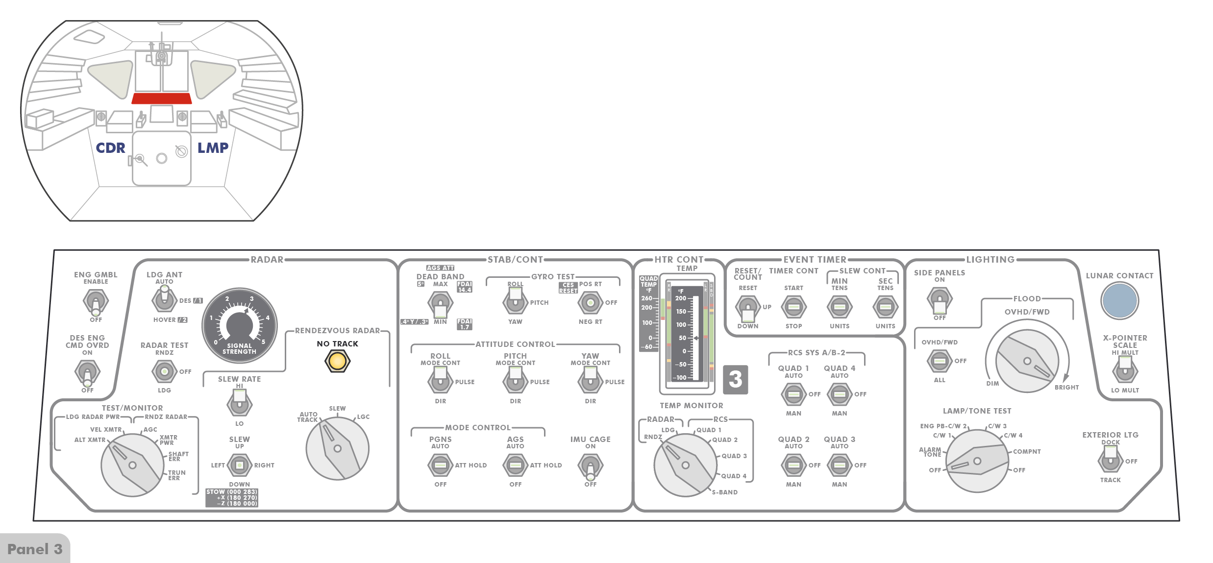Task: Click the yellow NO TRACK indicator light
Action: tap(337, 362)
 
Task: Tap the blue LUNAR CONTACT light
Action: tap(1119, 301)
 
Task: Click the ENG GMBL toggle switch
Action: tap(96, 301)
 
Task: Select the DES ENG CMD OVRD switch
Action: tap(87, 372)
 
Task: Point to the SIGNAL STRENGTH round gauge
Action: tap(239, 325)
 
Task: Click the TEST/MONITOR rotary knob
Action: tap(132, 465)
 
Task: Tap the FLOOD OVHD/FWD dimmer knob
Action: tap(1027, 361)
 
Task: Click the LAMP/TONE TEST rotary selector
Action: tap(977, 461)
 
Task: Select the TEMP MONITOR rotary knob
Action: tap(685, 465)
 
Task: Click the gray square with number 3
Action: tap(735, 379)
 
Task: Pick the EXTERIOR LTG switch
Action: tap(1110, 459)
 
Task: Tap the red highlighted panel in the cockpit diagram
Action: tap(162, 98)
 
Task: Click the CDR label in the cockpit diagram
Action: tap(110, 147)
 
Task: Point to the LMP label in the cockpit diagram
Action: tap(213, 147)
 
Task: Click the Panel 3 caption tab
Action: tap(35, 549)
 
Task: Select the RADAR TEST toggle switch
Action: tap(164, 371)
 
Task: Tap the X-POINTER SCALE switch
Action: tap(1125, 370)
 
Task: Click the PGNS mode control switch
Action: tap(440, 465)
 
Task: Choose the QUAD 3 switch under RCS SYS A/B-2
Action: tap(839, 465)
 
